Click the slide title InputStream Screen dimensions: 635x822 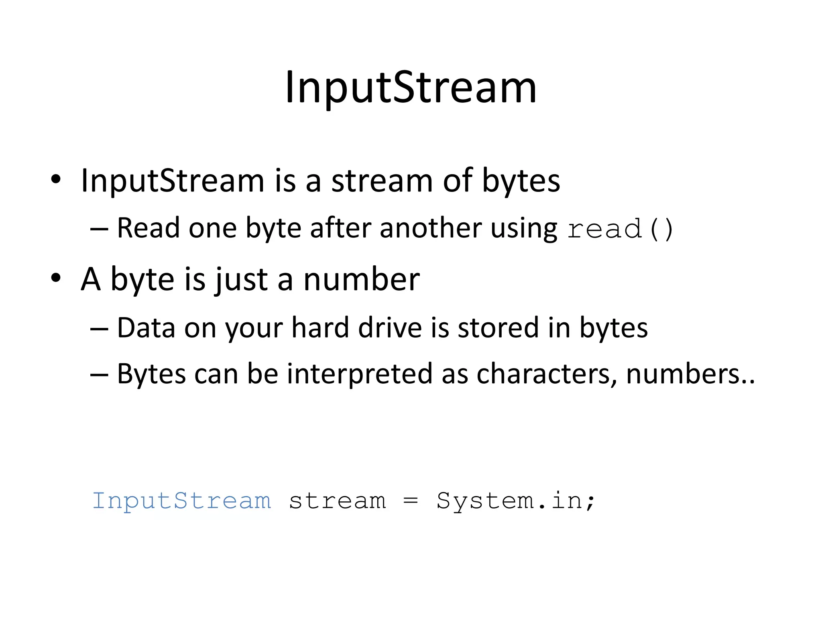coord(411,88)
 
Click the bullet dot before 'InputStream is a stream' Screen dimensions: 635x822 coord(56,179)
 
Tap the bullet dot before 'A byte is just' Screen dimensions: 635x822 coord(56,278)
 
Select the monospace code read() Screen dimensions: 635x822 coord(620,229)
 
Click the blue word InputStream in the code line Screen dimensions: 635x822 coord(182,501)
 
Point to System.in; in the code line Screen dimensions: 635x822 coord(515,501)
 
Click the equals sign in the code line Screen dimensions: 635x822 coord(411,501)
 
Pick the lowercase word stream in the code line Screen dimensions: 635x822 coord(337,501)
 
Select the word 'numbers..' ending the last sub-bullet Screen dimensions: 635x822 coord(690,374)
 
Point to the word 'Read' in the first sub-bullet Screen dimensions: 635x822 coord(148,228)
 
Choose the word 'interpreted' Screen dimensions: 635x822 coord(360,374)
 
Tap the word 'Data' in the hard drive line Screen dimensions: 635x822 coord(146,328)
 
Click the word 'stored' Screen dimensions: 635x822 coord(498,328)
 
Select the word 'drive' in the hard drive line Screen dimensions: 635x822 coord(389,328)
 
